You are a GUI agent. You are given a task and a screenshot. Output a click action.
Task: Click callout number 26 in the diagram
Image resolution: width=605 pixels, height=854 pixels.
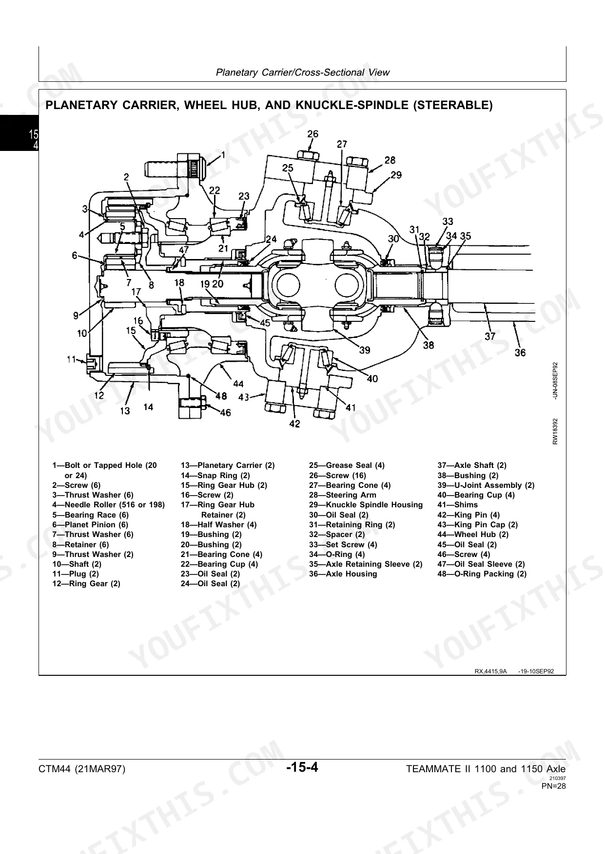[312, 134]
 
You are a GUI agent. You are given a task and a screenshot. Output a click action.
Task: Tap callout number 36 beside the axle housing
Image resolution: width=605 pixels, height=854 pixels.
[520, 352]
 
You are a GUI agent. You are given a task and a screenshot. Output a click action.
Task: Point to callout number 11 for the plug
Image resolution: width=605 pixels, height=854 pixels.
[71, 359]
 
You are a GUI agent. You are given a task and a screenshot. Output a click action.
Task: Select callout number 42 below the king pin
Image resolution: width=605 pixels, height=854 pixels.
[294, 424]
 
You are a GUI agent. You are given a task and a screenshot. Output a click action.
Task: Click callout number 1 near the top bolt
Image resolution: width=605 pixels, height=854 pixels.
[223, 155]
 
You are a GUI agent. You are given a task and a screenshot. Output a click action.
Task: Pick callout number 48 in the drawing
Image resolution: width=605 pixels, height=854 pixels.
[221, 396]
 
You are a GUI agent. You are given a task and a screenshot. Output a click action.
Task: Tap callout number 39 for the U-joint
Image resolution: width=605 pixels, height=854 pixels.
[364, 350]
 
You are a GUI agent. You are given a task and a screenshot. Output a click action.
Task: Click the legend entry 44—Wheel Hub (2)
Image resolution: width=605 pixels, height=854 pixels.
[473, 534]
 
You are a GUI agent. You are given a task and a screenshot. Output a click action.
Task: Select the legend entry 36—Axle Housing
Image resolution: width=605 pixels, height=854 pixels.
[343, 574]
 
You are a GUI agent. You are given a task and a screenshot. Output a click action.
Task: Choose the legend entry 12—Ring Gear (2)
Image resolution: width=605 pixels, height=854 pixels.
[86, 583]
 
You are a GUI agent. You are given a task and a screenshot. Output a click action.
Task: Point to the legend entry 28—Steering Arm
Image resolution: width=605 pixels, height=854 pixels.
[343, 495]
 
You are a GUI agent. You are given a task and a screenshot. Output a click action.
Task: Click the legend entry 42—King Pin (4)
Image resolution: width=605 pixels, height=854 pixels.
[468, 515]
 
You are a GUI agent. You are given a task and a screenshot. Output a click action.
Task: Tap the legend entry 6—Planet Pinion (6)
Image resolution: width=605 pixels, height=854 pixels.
[90, 524]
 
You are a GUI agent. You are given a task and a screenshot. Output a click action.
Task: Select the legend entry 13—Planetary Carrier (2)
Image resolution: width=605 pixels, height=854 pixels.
[228, 465]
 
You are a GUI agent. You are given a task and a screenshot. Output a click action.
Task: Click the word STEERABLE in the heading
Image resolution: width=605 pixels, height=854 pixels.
[451, 105]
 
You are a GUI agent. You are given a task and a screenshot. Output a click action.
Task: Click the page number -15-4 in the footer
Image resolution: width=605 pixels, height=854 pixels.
[302, 768]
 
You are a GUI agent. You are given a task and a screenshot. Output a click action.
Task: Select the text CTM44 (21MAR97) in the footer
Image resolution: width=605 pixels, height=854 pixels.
[82, 769]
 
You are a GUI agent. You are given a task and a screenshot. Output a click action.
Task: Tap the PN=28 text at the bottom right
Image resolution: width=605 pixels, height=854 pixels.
[554, 786]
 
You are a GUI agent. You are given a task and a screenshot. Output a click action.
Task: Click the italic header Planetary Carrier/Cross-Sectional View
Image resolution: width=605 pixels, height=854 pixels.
[302, 73]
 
